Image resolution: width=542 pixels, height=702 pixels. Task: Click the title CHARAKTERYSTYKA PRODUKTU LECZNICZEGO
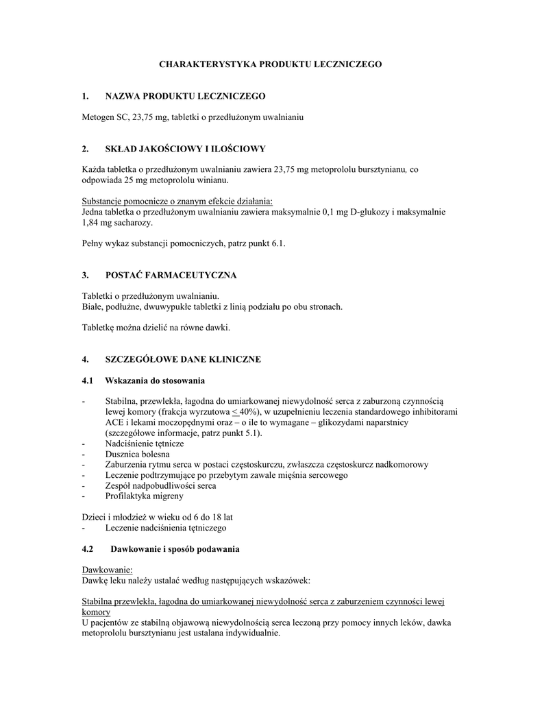click(x=271, y=64)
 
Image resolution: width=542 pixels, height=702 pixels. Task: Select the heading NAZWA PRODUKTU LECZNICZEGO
click(x=184, y=95)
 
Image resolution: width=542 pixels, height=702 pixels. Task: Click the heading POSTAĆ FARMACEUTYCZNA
click(x=171, y=276)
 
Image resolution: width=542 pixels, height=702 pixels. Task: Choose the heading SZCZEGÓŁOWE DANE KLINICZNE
click(x=182, y=359)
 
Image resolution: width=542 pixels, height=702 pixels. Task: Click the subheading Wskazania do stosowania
click(x=154, y=380)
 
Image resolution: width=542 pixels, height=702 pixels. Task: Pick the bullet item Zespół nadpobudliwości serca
click(x=160, y=485)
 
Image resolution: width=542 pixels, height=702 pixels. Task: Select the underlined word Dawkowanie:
click(x=107, y=570)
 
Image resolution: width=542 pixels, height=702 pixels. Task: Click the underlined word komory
click(x=96, y=612)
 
